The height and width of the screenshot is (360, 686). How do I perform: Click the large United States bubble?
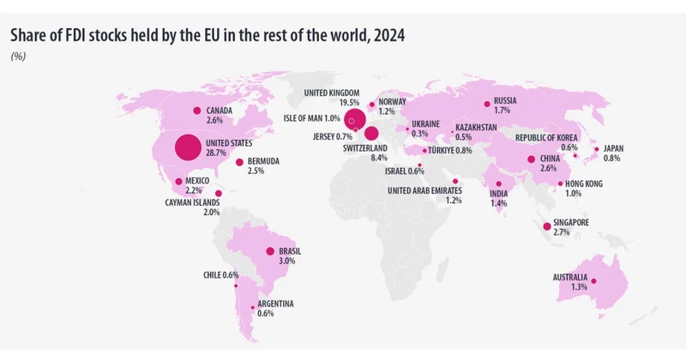click(x=189, y=147)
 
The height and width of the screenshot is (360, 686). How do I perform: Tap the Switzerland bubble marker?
click(x=371, y=133)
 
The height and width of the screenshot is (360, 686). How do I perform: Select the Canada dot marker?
click(x=196, y=110)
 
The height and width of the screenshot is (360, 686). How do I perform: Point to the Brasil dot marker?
click(x=269, y=251)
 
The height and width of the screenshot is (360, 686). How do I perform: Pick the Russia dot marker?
click(x=487, y=105)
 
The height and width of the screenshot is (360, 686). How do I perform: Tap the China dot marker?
click(x=532, y=159)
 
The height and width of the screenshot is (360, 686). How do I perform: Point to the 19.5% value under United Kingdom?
click(x=349, y=103)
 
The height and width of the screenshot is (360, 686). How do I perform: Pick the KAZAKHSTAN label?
click(x=476, y=127)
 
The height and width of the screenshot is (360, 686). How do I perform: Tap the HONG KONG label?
click(x=584, y=183)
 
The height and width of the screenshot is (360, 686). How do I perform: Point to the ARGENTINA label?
click(x=276, y=303)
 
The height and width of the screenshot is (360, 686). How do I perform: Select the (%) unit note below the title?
click(x=18, y=57)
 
